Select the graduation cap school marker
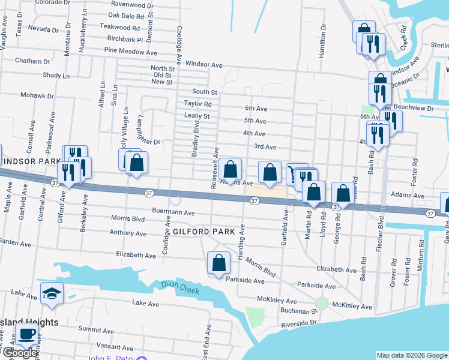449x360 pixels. (52, 293)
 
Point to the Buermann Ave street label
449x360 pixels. (173, 212)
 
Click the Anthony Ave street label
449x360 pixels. (128, 233)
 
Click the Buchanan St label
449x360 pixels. (298, 311)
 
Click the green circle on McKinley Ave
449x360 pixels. (322, 304)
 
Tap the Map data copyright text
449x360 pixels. (411, 355)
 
